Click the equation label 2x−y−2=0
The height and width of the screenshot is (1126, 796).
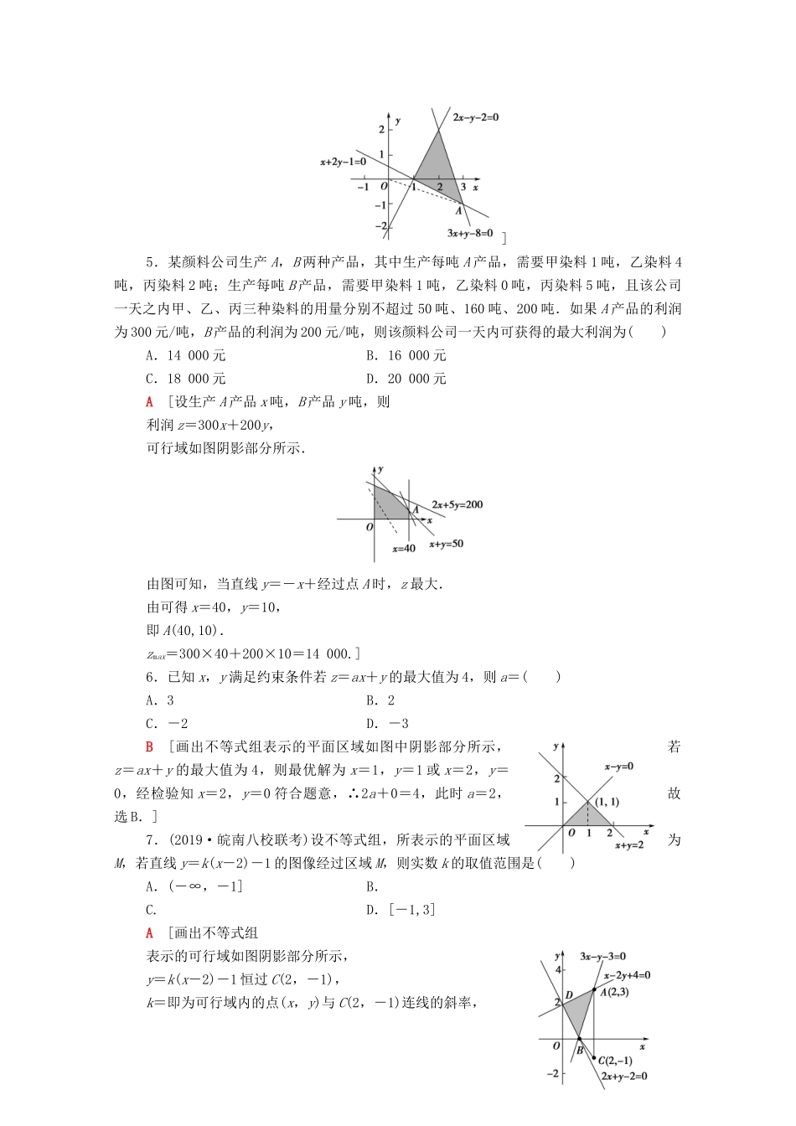(475, 118)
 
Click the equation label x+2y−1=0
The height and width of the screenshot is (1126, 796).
(343, 161)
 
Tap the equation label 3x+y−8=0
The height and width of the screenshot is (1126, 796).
(470, 234)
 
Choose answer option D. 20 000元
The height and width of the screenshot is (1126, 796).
(406, 379)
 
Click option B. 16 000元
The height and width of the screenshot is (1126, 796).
(406, 355)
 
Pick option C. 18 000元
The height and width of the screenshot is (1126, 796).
(186, 379)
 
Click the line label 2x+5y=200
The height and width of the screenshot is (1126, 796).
(457, 505)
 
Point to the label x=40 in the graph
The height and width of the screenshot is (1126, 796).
(404, 549)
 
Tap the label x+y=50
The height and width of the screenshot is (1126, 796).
(446, 545)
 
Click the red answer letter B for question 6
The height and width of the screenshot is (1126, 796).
(150, 747)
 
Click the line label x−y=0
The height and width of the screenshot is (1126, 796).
(618, 767)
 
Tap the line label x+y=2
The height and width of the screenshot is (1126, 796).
(628, 846)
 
